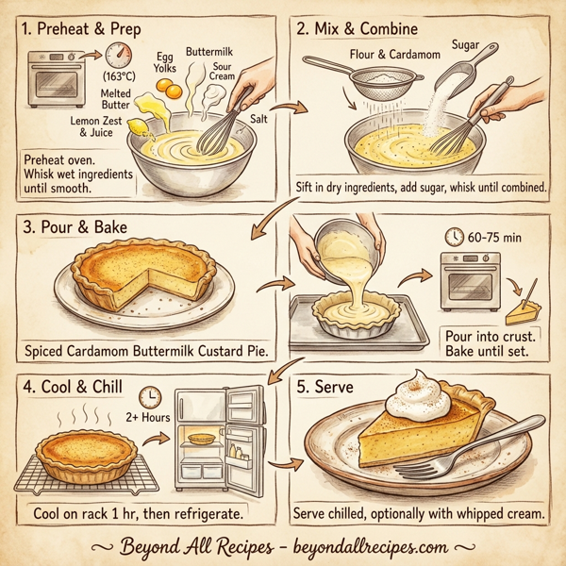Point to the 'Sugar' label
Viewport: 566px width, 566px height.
(x=468, y=44)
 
